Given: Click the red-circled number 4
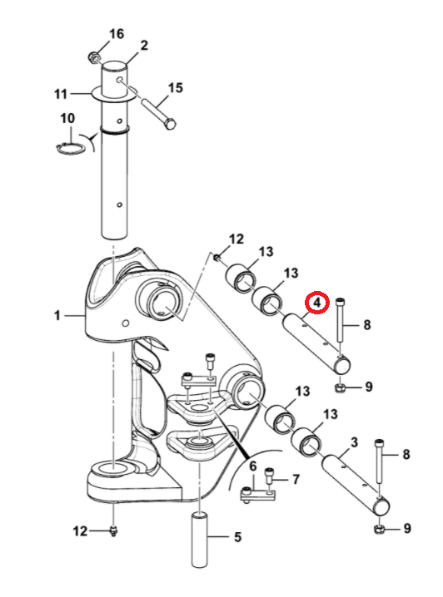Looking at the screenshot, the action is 317,303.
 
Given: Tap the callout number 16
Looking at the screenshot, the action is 117,34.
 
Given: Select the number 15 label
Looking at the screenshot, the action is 175,88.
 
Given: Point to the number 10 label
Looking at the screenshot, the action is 67,118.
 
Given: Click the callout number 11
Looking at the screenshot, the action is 61,94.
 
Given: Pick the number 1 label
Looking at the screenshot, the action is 57,316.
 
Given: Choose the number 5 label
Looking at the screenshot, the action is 237,537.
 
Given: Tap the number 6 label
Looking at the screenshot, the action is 253,466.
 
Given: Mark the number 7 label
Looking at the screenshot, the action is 296,479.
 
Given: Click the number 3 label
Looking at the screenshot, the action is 354,442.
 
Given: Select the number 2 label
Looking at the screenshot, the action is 143,45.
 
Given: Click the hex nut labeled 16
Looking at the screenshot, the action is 93,58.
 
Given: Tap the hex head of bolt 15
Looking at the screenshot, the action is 171,124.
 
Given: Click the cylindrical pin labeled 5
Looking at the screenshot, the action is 199,540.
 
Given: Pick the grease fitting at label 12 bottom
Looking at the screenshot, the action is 113,530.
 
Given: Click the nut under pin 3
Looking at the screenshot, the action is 379,529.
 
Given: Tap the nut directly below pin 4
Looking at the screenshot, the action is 339,388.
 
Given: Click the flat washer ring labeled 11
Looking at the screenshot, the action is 114,94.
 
